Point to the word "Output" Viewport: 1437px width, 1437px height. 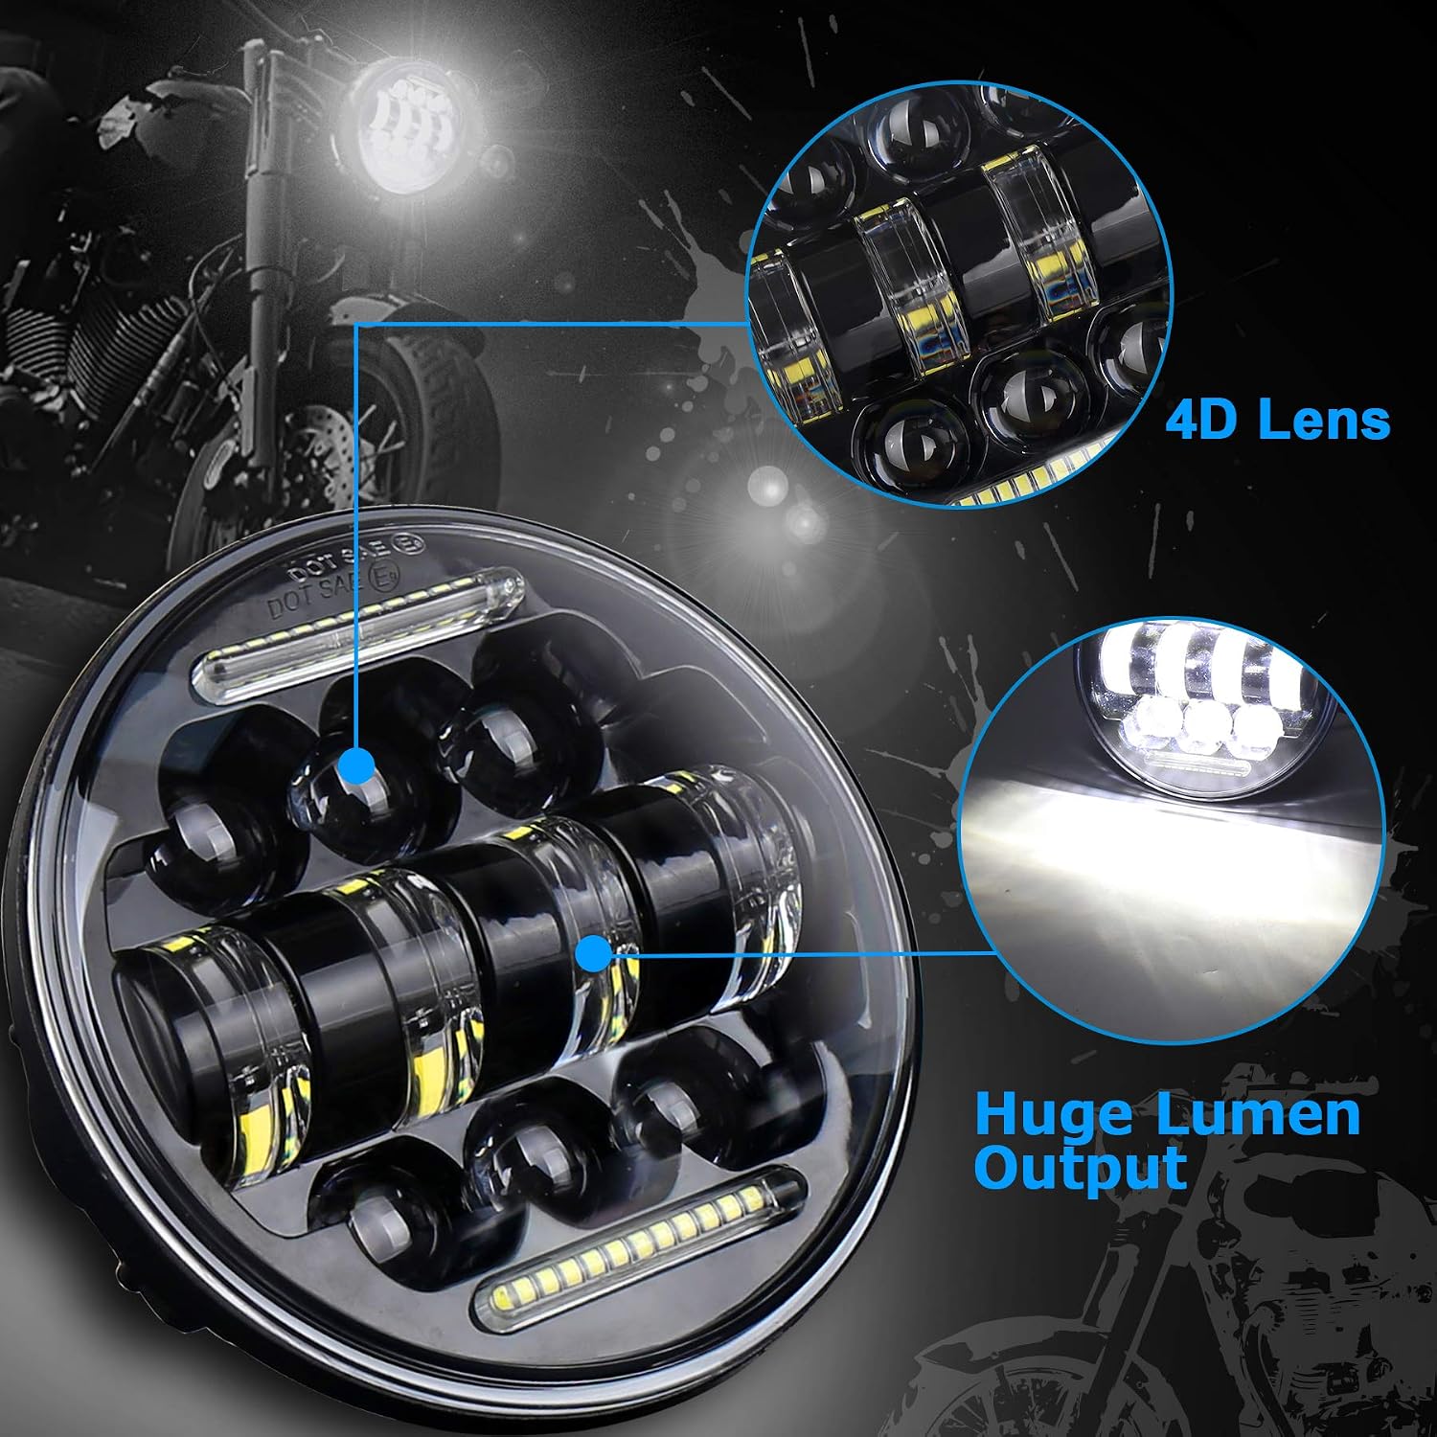pyautogui.click(x=1080, y=1168)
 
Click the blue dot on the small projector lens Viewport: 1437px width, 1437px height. pyautogui.click(x=357, y=764)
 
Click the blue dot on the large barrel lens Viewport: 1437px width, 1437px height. pyautogui.click(x=594, y=954)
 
